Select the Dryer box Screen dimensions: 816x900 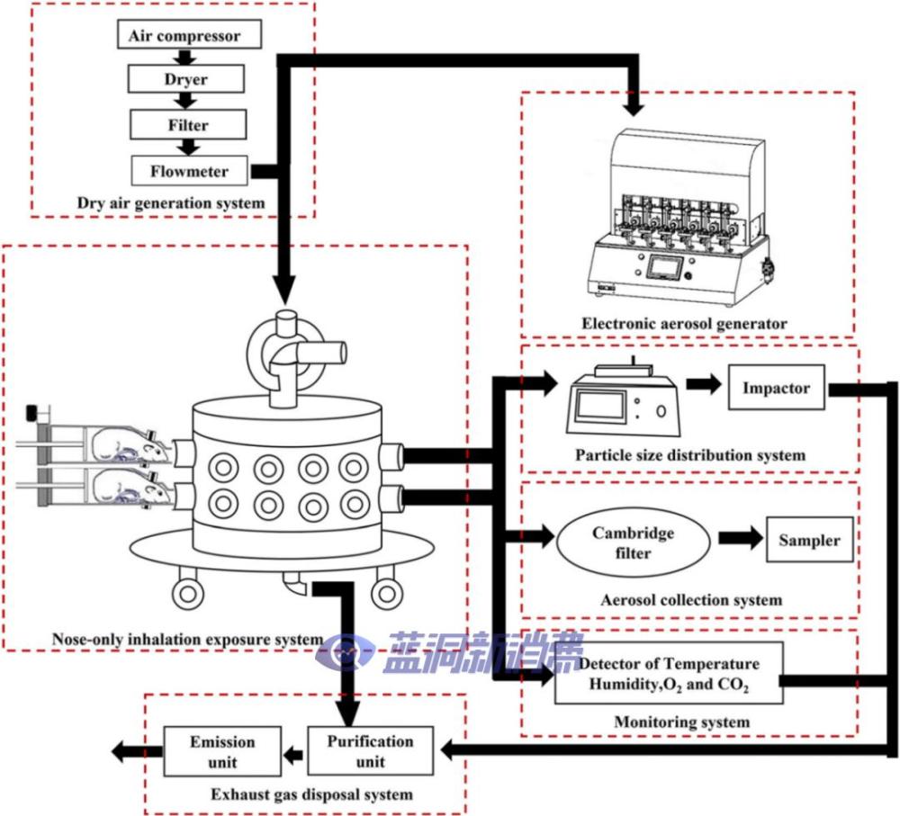(186, 79)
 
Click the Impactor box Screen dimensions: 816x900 (776, 389)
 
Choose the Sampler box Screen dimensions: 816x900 (809, 540)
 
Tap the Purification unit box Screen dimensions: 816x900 (370, 751)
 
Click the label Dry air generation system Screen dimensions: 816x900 (171, 202)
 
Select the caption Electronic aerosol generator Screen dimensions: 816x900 (684, 323)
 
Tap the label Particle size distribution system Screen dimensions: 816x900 (690, 454)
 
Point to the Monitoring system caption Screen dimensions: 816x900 (681, 722)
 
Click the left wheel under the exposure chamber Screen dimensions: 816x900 (189, 593)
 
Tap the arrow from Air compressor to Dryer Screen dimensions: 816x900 (186, 57)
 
